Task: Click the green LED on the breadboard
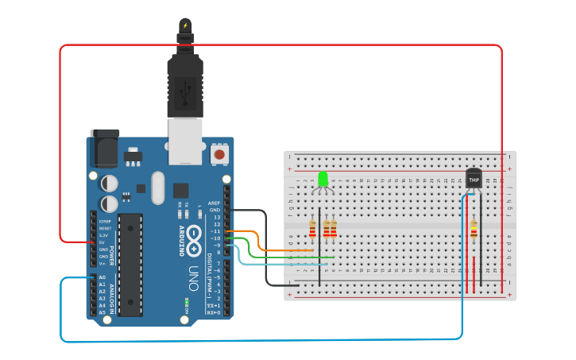(323, 178)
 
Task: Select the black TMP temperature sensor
(474, 180)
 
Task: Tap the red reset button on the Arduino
(219, 154)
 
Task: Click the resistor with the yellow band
(474, 230)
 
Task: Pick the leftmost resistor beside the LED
(312, 230)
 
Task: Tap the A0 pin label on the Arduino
(102, 277)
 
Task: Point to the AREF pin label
(214, 203)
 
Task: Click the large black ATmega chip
(130, 262)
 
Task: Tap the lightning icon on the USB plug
(186, 25)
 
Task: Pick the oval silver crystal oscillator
(157, 188)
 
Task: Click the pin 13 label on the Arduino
(216, 217)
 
